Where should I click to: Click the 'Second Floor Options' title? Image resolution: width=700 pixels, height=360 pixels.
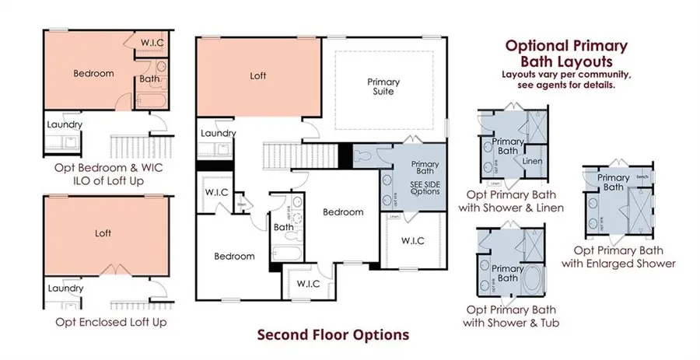tap(333, 336)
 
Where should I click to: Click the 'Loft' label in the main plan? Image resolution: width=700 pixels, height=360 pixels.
tap(257, 77)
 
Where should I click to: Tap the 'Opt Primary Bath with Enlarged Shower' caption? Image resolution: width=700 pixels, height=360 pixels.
tap(625, 257)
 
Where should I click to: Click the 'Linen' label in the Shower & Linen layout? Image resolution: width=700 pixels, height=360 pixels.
tap(533, 162)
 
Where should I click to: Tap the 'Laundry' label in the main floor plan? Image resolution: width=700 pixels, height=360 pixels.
tap(219, 134)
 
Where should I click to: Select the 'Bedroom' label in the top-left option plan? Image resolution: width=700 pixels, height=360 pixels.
tap(94, 74)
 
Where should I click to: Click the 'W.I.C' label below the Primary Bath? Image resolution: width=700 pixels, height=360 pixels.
tap(412, 240)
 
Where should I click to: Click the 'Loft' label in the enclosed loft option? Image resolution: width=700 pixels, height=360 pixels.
tap(103, 232)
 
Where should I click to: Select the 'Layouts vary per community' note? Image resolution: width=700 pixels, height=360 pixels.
tap(565, 74)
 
